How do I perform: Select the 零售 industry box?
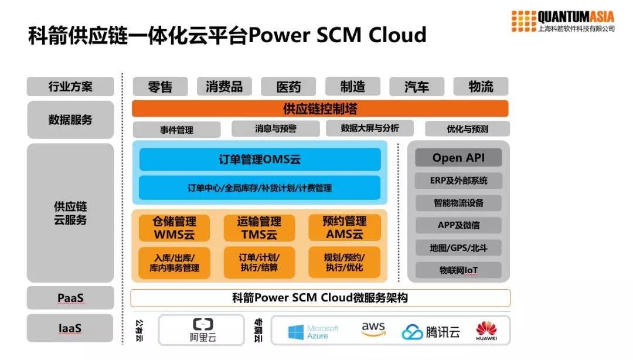click(x=160, y=87)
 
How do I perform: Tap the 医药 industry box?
click(x=288, y=87)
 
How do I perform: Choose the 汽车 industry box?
click(x=416, y=87)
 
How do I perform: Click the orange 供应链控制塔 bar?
click(x=320, y=108)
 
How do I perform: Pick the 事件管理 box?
click(x=176, y=130)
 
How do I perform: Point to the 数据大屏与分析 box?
click(x=369, y=128)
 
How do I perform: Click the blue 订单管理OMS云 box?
click(x=260, y=159)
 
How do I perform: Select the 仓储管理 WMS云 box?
click(x=174, y=228)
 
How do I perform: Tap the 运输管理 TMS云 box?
click(x=259, y=228)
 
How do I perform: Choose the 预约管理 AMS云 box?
click(x=345, y=228)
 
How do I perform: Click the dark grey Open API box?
click(x=458, y=158)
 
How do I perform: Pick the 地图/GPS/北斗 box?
click(x=458, y=248)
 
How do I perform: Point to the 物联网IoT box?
click(x=458, y=270)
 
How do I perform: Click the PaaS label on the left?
click(x=70, y=298)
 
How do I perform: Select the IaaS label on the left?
click(x=70, y=328)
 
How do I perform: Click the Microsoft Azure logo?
click(x=313, y=332)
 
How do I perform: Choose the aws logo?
click(x=373, y=330)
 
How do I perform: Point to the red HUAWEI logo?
click(x=486, y=331)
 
